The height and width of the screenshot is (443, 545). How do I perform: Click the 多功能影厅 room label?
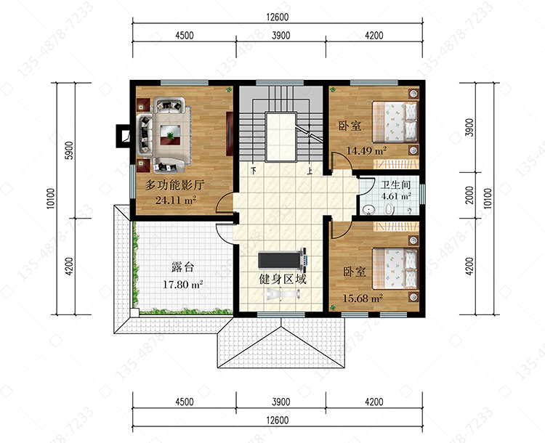(174, 185)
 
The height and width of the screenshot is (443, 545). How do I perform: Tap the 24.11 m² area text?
(176, 200)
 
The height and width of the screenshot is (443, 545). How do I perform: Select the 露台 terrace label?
(183, 267)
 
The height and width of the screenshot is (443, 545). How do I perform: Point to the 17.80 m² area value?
(183, 285)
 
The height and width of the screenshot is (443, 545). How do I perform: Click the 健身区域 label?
(283, 279)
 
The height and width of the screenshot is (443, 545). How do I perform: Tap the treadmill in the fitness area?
(282, 259)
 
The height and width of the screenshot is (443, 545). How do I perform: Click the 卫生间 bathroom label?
(395, 185)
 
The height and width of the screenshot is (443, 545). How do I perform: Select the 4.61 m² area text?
(396, 196)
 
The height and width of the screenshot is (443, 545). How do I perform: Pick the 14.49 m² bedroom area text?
(366, 151)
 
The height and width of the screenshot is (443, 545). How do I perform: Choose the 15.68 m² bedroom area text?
(363, 298)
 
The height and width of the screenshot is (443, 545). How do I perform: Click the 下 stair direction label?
(254, 171)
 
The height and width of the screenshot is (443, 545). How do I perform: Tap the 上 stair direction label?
(310, 171)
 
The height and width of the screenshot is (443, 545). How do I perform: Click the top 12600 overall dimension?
(278, 17)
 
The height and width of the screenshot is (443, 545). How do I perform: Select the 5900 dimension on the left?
(70, 150)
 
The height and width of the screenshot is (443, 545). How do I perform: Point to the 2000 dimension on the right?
(469, 195)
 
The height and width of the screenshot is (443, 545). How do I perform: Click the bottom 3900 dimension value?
(280, 402)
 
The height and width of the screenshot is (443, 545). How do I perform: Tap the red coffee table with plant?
(170, 135)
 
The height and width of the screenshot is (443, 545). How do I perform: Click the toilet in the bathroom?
(389, 209)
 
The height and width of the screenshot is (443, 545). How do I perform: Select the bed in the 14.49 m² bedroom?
(395, 121)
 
